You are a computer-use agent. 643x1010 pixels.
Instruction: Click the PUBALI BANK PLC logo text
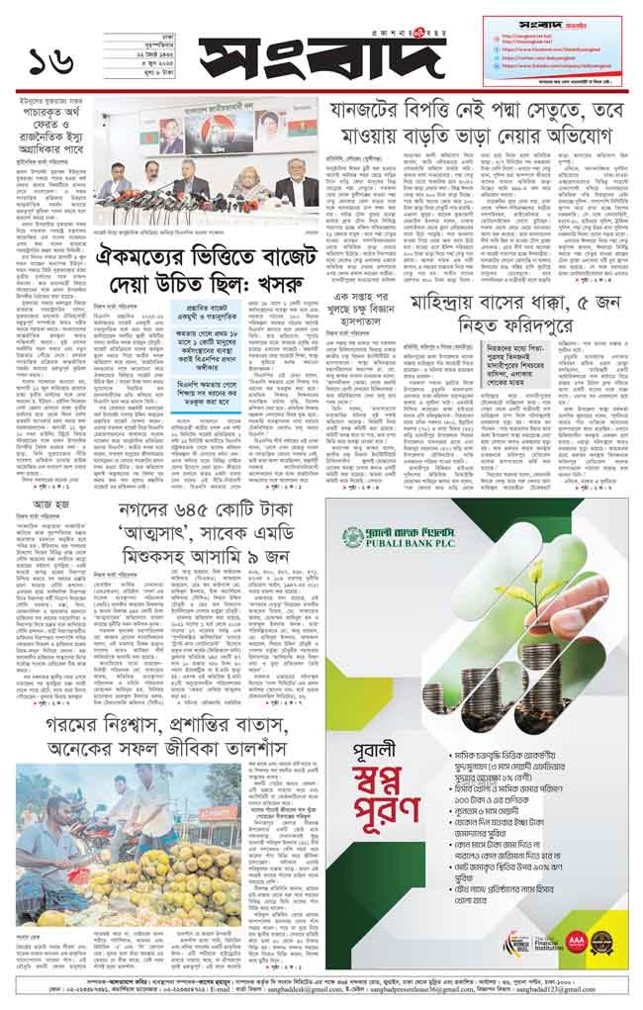click(405, 536)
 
